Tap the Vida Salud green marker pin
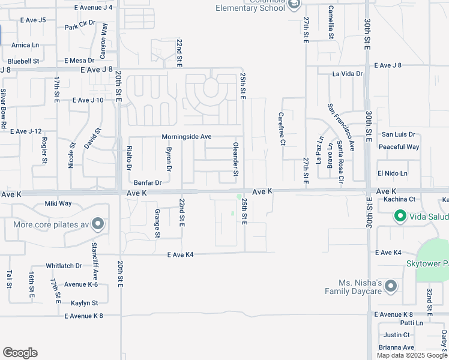point(399,215)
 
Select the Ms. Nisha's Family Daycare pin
point(391,286)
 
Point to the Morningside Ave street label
point(187,137)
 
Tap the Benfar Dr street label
point(148,182)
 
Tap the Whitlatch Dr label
point(64,266)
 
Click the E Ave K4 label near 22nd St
point(180,255)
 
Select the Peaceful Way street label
point(399,147)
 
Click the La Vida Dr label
point(348,74)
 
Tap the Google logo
point(20,353)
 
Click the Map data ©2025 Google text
point(412,355)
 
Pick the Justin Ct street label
point(396,335)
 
